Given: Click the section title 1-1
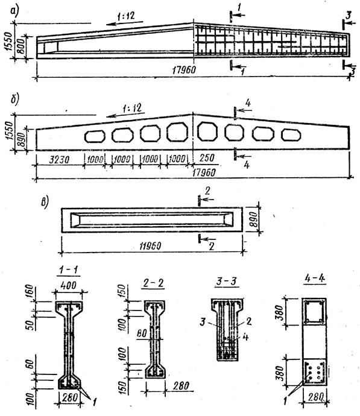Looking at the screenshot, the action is (69, 270).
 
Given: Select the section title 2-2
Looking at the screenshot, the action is (153, 283).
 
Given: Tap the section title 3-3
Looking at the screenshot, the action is (226, 281).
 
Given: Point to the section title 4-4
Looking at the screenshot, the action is (315, 279).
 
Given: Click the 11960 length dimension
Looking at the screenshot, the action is (150, 246).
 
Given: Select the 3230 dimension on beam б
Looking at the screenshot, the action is (60, 159).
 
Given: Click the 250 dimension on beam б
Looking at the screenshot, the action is (207, 158).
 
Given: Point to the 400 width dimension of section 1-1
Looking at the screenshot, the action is (69, 286).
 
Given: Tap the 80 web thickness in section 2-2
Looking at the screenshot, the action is (142, 334).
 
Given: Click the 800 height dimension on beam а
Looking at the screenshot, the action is (22, 46).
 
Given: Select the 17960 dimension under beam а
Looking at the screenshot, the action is (184, 70).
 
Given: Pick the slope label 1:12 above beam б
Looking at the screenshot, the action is (132, 109).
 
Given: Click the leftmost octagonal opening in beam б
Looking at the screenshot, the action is (95, 136).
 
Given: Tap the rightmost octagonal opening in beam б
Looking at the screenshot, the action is (291, 135).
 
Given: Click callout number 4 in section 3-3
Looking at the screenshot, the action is (245, 337).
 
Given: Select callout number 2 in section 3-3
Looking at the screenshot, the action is (248, 321).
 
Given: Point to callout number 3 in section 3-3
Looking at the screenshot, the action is (203, 323).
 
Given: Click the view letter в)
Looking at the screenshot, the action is (45, 203).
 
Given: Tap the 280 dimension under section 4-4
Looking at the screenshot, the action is (316, 397).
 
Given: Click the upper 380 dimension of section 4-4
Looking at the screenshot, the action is (280, 313).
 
